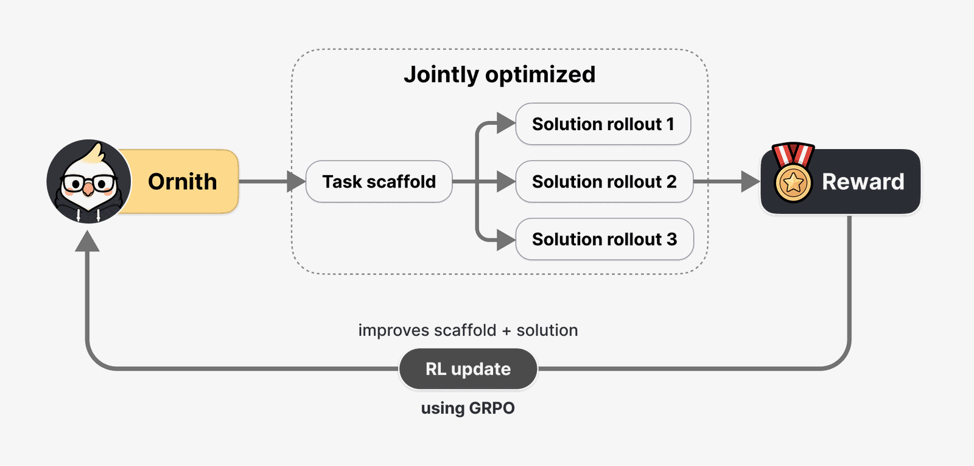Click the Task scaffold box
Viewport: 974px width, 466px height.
click(x=379, y=181)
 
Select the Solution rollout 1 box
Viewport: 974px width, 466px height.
click(x=603, y=124)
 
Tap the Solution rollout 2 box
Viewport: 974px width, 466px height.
click(x=604, y=181)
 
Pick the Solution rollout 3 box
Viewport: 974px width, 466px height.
click(x=604, y=239)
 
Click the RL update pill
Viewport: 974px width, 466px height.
click(x=468, y=369)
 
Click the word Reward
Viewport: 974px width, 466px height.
click(x=863, y=182)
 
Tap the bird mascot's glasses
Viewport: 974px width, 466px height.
click(x=89, y=183)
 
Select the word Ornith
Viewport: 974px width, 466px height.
click(x=182, y=182)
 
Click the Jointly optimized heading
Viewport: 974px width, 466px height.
click(x=500, y=74)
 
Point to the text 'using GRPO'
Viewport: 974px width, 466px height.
click(x=468, y=408)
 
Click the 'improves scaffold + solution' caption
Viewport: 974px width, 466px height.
click(x=468, y=330)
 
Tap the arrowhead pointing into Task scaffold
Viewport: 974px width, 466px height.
click(x=296, y=181)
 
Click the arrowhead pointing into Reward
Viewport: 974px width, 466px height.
click(x=751, y=181)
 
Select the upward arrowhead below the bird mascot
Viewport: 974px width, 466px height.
click(x=88, y=241)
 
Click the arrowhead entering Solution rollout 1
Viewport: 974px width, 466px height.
click(x=506, y=123)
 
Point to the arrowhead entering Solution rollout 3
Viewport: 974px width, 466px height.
click(x=506, y=240)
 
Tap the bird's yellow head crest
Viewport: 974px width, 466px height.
click(x=96, y=153)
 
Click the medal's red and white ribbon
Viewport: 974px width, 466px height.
click(x=793, y=154)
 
